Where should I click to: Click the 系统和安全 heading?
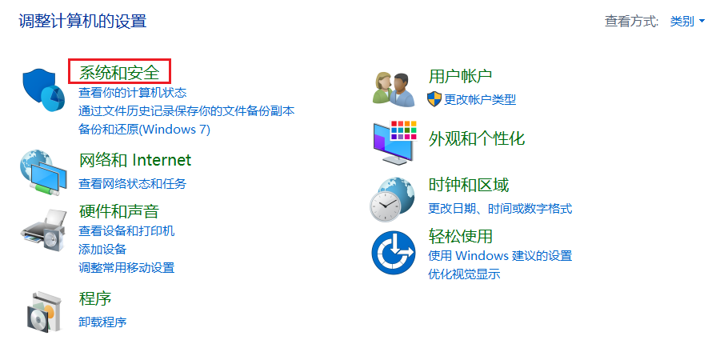click(x=119, y=73)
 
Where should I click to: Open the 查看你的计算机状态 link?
click(x=132, y=93)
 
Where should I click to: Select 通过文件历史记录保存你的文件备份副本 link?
click(x=186, y=110)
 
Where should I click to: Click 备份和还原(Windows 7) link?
click(x=144, y=129)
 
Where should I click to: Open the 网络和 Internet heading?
click(x=135, y=160)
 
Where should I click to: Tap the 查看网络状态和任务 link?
click(x=132, y=183)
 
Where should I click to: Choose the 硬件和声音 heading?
click(x=119, y=211)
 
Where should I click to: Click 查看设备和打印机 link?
click(x=126, y=231)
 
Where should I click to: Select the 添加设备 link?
click(x=102, y=250)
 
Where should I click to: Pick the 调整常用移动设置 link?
click(x=126, y=267)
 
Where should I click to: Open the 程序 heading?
click(x=95, y=299)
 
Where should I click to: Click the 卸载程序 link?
click(x=102, y=322)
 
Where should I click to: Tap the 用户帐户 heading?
click(x=460, y=77)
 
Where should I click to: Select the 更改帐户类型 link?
click(x=480, y=99)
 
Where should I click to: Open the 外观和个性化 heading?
click(x=477, y=138)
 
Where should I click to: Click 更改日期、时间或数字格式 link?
click(x=500, y=209)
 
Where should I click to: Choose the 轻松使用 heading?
click(x=460, y=236)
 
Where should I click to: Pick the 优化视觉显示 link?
click(x=464, y=274)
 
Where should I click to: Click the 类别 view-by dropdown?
click(x=687, y=22)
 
